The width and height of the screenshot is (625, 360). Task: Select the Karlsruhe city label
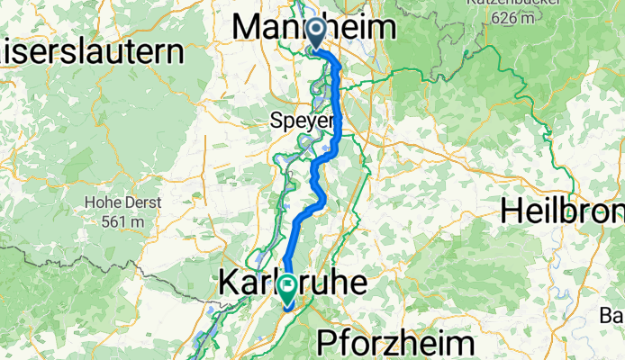click(x=292, y=283)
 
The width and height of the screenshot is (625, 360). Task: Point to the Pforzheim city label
click(x=395, y=344)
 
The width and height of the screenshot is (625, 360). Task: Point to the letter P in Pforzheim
click(x=328, y=344)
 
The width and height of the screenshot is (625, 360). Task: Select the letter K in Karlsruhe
click(x=229, y=283)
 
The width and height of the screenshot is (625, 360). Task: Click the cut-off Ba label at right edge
click(x=613, y=315)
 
